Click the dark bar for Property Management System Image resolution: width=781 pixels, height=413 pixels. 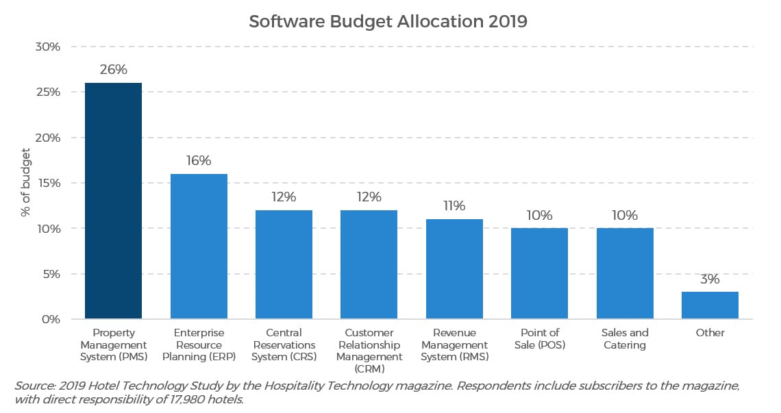tap(113, 201)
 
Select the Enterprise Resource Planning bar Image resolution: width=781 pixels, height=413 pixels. tap(199, 247)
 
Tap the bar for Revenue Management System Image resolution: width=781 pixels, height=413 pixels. tap(454, 269)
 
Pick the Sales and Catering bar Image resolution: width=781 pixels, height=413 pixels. tap(624, 273)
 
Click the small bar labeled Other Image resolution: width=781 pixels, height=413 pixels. tap(710, 305)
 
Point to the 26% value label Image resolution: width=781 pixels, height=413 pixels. tap(113, 70)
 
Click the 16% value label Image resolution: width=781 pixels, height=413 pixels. tap(199, 161)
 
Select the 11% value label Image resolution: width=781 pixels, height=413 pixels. tap(454, 206)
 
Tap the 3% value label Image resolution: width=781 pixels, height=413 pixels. tap(710, 279)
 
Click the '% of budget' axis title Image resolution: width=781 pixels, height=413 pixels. tap(25, 183)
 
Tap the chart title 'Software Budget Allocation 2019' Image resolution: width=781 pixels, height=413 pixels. tap(388, 21)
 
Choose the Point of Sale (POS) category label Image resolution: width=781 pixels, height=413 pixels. tap(539, 338)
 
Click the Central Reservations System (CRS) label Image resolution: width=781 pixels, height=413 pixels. tap(284, 345)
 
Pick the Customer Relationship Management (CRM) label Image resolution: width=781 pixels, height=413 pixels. tap(369, 351)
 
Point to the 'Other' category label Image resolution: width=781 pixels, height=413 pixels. tap(710, 333)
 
